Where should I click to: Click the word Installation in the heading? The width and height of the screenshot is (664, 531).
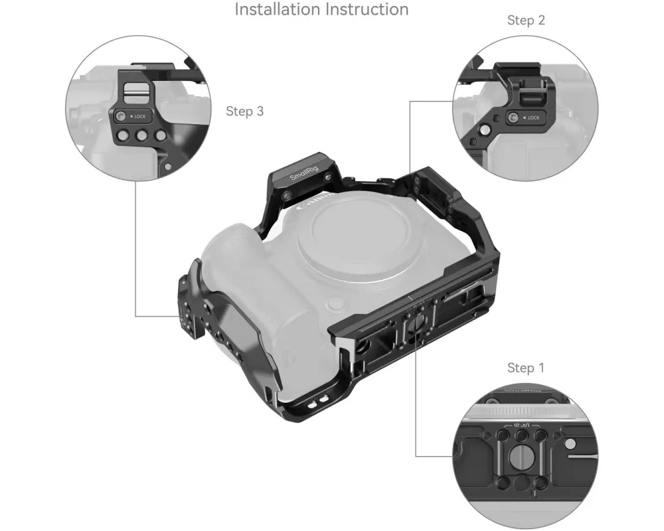278,9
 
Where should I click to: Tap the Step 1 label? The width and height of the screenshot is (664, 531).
525,368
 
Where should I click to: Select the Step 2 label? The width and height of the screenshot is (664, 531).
526,21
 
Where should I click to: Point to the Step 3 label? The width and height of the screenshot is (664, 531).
245,112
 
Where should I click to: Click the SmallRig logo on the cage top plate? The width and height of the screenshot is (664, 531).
303,171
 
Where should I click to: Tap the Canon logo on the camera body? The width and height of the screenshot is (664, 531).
313,201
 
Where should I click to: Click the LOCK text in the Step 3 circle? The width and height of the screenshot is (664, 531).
139,116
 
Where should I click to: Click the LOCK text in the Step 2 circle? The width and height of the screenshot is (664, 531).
534,117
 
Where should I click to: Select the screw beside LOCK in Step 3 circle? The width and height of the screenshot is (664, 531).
121,116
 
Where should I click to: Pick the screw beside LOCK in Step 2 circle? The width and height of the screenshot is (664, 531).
514,117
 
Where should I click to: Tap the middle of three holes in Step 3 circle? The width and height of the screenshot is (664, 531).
141,136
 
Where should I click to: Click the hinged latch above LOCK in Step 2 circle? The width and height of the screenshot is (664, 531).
532,92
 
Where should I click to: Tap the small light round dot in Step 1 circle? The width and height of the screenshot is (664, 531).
571,444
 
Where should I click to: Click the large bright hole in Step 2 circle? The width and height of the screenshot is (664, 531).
485,129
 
